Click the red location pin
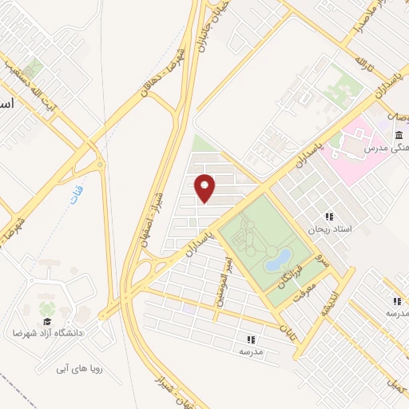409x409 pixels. tap(205, 187)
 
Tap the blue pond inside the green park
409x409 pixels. tap(279, 257)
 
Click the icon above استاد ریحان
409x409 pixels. tap(328, 216)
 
